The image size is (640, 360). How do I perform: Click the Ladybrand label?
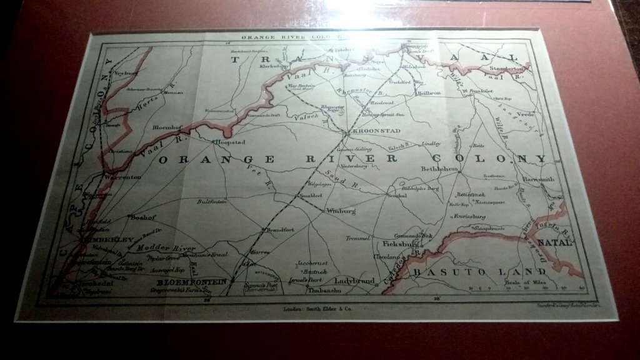355,281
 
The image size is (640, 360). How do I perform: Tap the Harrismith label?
537,179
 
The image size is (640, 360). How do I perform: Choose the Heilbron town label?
429,93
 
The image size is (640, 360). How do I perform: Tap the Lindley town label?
431,144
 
